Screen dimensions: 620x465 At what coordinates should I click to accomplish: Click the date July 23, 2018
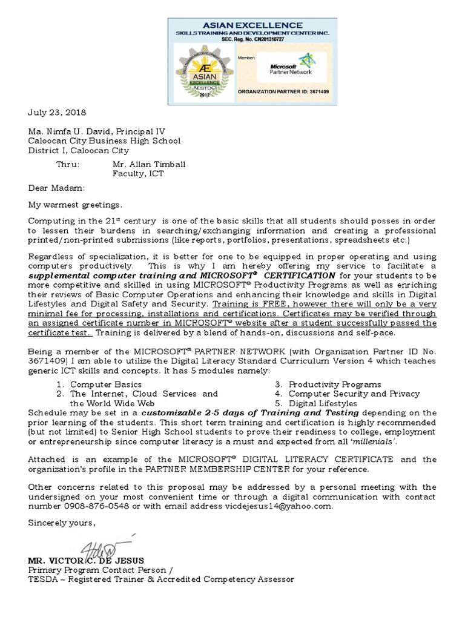point(57,113)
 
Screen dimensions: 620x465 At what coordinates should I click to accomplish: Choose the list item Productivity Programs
point(334,384)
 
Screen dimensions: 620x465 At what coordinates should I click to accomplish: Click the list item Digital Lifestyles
point(323,403)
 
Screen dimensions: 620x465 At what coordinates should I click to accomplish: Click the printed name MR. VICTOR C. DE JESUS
point(86,560)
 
